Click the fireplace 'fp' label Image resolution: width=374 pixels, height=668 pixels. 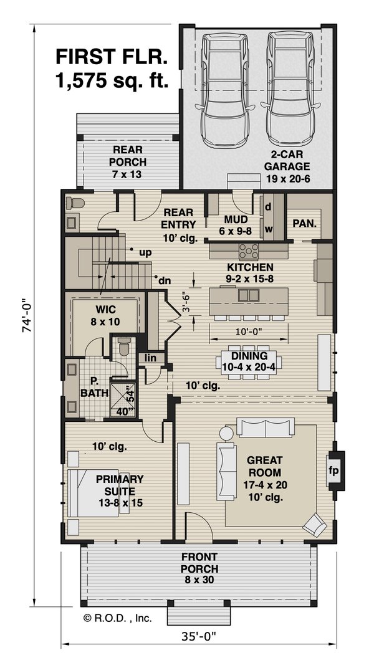333,470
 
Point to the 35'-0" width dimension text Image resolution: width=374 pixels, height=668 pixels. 198,636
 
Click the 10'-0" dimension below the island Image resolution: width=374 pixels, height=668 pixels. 248,330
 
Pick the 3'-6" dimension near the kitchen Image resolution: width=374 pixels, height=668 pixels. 185,302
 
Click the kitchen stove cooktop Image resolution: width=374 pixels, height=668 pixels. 249,251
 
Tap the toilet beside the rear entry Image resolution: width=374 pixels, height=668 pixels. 75,203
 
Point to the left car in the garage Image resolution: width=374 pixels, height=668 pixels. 224,91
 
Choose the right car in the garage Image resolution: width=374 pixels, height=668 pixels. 291,91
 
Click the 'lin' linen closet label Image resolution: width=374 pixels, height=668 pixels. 150,358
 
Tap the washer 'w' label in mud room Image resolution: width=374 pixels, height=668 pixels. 269,229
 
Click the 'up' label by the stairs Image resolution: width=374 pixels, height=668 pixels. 145,252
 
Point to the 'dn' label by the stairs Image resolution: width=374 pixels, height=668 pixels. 164,281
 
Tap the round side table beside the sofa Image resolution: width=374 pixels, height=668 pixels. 226,434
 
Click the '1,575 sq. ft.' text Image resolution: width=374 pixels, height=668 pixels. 112,80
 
